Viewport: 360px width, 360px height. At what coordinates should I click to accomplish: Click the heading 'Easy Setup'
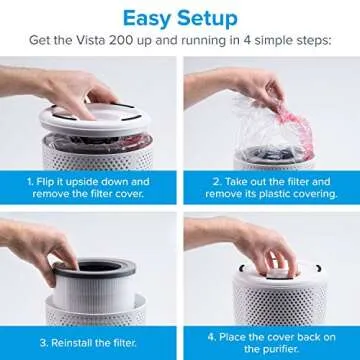point(180,18)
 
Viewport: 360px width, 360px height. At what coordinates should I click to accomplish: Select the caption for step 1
point(89,187)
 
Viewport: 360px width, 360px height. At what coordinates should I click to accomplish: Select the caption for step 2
point(270,187)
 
